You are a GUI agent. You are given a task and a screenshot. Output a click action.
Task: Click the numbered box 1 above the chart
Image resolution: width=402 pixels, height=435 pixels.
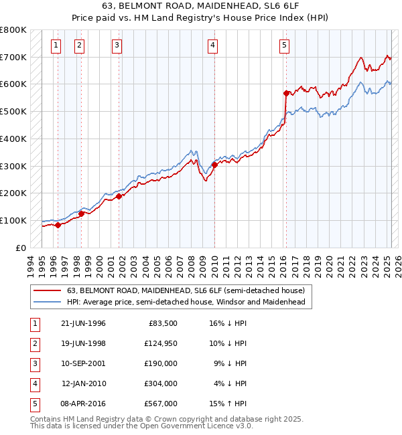(x=55, y=46)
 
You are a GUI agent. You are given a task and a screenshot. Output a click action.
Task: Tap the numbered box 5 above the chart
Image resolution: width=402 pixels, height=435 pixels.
(x=285, y=46)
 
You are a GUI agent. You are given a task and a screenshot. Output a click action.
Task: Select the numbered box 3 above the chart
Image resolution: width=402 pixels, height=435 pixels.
(x=117, y=46)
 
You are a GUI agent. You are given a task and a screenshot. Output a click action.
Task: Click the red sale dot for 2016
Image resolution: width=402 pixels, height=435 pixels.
(x=286, y=93)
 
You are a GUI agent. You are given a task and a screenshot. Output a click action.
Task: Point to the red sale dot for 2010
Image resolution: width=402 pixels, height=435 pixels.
(x=214, y=165)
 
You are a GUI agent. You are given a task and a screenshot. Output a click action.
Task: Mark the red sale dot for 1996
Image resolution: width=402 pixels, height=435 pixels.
(x=58, y=225)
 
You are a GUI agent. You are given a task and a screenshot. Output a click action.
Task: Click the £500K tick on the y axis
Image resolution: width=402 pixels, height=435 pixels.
(x=13, y=111)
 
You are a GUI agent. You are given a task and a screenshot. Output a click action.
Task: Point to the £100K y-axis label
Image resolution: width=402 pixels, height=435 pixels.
(x=13, y=220)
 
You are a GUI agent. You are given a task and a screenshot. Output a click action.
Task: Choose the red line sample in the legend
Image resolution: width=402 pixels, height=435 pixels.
(x=47, y=290)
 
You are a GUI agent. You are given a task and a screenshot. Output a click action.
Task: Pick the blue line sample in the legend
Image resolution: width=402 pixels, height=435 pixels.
(x=47, y=302)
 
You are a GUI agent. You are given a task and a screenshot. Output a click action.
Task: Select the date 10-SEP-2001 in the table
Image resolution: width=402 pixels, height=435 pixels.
(x=83, y=363)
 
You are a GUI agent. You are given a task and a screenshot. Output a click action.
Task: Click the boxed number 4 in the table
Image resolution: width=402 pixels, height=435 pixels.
(x=33, y=383)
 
